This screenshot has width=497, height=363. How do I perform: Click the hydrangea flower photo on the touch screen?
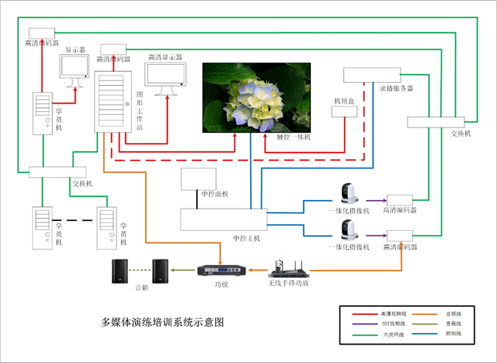pyautogui.click(x=256, y=97)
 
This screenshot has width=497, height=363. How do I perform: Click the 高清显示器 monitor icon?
pyautogui.click(x=167, y=80)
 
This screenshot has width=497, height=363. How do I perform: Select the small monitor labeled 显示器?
pyautogui.click(x=76, y=71)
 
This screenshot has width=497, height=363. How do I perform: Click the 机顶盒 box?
pyautogui.click(x=342, y=112)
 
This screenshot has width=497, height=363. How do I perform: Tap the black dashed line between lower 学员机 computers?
pyautogui.click(x=76, y=222)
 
